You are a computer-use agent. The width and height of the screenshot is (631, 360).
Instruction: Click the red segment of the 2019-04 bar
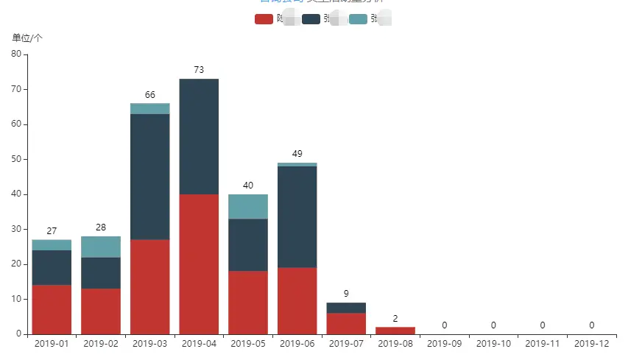199,264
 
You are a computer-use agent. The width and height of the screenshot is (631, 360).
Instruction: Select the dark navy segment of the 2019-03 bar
149,177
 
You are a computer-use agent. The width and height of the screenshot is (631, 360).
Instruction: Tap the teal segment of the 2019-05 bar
248,206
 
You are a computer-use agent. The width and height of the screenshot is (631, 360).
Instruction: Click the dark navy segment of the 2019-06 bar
297,216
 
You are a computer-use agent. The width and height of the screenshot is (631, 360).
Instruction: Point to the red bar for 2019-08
395,330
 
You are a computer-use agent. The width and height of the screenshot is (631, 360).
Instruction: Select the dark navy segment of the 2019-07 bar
346,308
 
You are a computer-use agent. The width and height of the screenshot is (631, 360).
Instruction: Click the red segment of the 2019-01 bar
52,309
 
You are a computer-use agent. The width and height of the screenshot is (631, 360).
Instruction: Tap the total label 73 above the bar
199,70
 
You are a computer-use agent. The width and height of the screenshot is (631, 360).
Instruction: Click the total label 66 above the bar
149,95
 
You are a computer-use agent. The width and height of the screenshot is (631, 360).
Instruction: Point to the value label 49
297,154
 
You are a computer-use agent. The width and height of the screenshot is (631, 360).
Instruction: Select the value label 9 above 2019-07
346,294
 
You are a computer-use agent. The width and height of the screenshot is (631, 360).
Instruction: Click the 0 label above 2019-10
493,325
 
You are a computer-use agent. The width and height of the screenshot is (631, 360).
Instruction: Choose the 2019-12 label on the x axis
591,344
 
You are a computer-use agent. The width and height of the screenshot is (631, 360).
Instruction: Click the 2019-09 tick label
444,344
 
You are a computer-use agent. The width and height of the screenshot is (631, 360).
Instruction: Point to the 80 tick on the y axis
16,54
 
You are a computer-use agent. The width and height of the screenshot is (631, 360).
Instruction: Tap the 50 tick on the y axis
16,159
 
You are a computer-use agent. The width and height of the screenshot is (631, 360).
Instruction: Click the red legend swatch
264,19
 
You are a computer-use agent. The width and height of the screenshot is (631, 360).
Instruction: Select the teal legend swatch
358,19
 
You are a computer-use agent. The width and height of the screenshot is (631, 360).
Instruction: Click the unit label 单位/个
27,38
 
